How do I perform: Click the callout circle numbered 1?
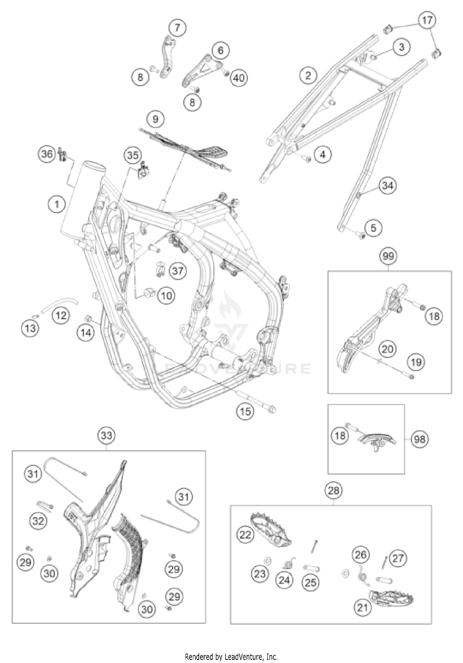57,204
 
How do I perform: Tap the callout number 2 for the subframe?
308,75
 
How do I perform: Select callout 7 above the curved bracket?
177,27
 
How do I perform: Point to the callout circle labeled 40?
239,78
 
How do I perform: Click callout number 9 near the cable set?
155,119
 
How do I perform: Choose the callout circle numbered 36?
47,153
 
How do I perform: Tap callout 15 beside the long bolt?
245,411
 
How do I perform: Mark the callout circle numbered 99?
388,256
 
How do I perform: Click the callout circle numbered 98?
420,439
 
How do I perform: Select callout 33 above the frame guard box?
106,436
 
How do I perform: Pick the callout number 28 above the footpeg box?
334,491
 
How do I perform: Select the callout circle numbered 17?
427,21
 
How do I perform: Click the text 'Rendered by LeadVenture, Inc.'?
231,657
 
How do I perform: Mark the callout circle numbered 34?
388,185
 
